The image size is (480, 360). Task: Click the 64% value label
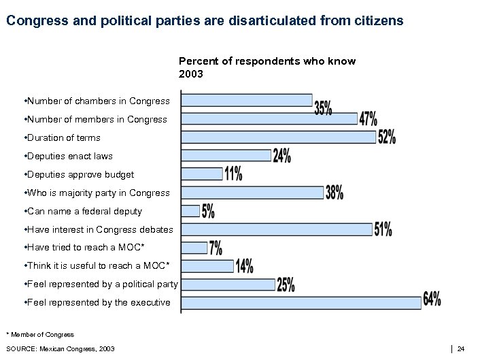click(432, 299)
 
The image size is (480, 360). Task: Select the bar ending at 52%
click(279, 137)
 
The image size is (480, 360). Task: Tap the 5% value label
click(208, 212)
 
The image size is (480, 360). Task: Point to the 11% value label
click(233, 174)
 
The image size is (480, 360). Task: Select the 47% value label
click(368, 119)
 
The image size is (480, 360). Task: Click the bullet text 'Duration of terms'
click(62, 138)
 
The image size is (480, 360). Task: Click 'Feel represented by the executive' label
click(97, 303)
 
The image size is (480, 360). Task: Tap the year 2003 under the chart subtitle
click(190, 73)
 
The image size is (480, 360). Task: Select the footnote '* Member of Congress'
click(40, 334)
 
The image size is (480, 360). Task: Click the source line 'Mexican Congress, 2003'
click(61, 349)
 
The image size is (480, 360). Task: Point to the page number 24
click(461, 349)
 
